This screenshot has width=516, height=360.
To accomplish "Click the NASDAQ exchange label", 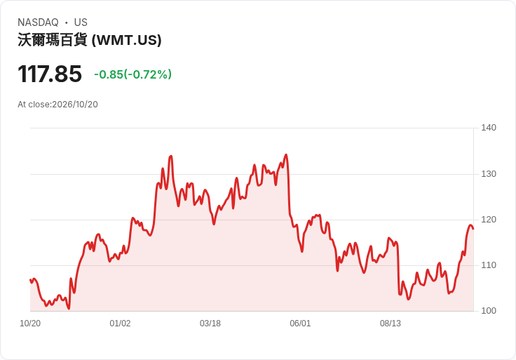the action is click(x=38, y=22).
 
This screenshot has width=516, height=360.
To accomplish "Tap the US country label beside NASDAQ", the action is click(x=81, y=22).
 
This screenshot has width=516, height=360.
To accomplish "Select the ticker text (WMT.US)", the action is click(x=126, y=40).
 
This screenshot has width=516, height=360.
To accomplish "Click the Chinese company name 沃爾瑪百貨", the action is click(x=53, y=40).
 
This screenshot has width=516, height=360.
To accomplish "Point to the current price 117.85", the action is click(x=50, y=74).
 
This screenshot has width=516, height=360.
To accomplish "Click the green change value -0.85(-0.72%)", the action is click(x=133, y=74).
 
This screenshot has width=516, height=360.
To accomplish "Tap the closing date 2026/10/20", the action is click(x=75, y=105).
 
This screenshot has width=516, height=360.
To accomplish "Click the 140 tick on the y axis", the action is click(x=489, y=128).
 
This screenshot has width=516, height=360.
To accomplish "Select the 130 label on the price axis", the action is click(x=489, y=174).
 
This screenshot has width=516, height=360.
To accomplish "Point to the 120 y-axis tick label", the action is click(x=489, y=220).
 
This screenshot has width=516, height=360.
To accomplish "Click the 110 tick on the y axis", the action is click(x=489, y=265).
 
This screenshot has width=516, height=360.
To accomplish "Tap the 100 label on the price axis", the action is click(x=489, y=311).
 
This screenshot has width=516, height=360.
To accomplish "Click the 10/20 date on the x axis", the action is click(x=30, y=324).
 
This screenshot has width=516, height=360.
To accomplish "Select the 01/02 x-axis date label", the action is click(x=120, y=324).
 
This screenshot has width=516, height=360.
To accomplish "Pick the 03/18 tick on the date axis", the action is click(x=210, y=324).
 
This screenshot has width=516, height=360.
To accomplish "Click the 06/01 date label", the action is click(x=300, y=324).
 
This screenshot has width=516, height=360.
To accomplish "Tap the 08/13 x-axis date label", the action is click(x=391, y=324).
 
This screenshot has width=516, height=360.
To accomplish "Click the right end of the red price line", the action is click(x=473, y=229).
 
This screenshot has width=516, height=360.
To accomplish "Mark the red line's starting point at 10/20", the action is click(x=30, y=280).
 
